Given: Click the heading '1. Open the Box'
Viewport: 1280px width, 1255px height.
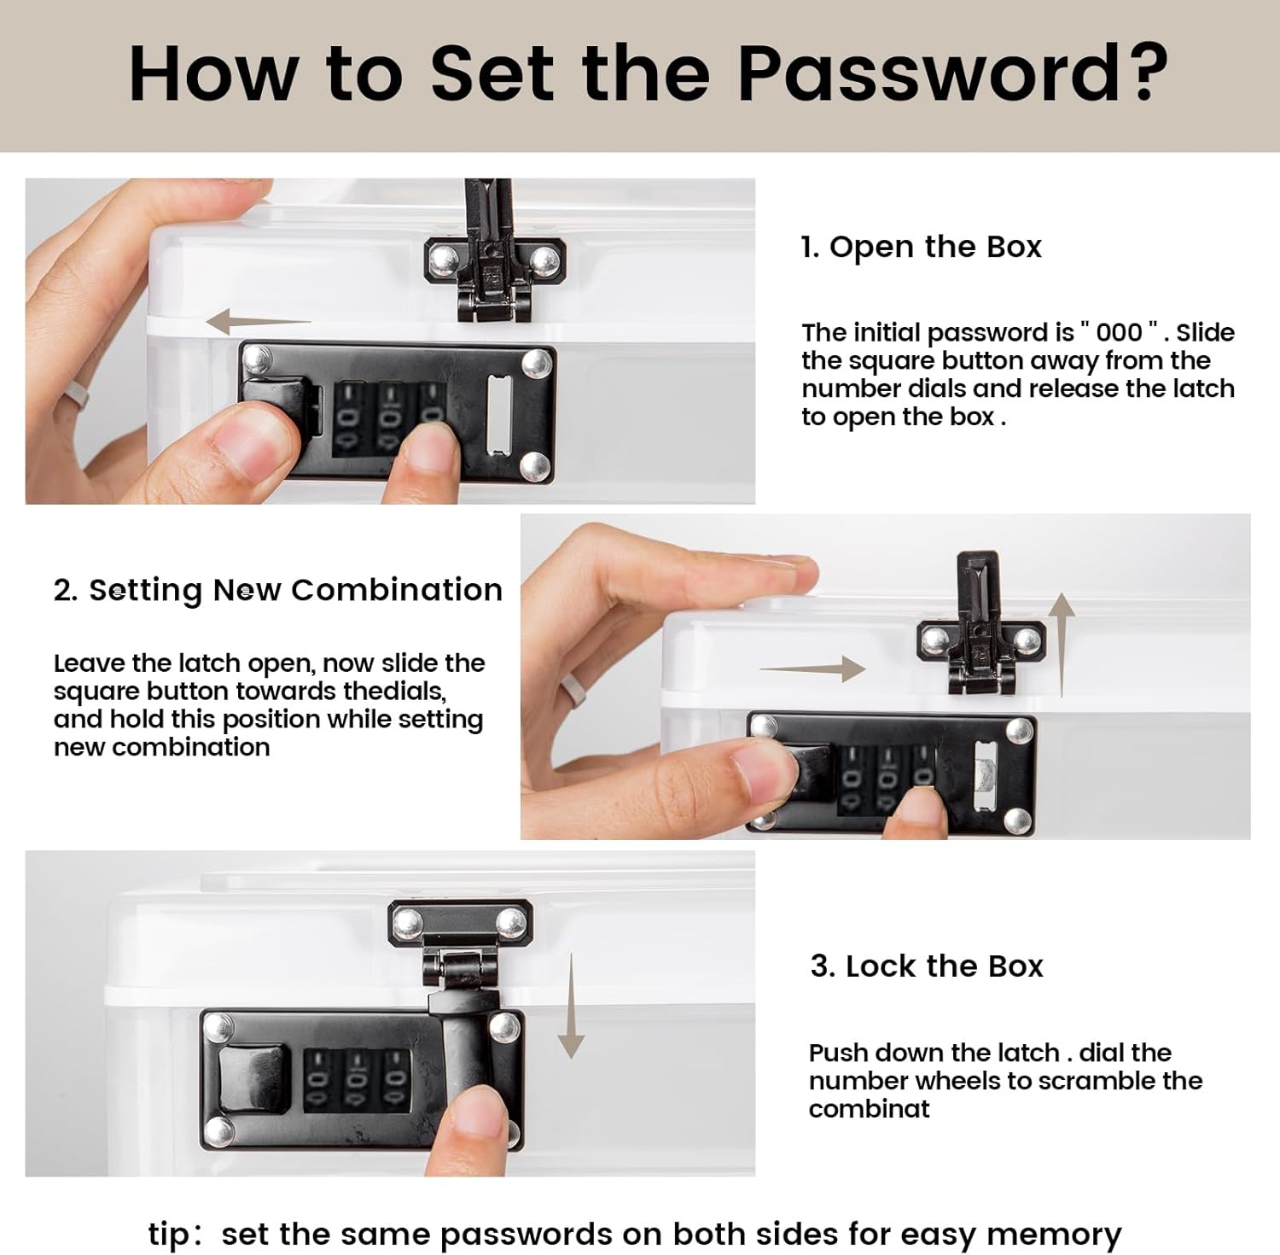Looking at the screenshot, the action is (921, 247).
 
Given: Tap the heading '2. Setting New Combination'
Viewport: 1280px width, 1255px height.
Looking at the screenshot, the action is (277, 591).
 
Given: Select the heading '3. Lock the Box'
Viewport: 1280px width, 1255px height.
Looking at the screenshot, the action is (927, 966).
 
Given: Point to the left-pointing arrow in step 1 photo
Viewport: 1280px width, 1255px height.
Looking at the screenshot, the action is (259, 322).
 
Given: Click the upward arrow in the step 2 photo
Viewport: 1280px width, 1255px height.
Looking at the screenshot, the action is (1061, 645).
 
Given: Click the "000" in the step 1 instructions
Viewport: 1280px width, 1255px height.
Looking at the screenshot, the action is (1119, 332).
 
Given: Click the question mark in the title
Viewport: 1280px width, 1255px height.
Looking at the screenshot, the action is (1141, 72).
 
